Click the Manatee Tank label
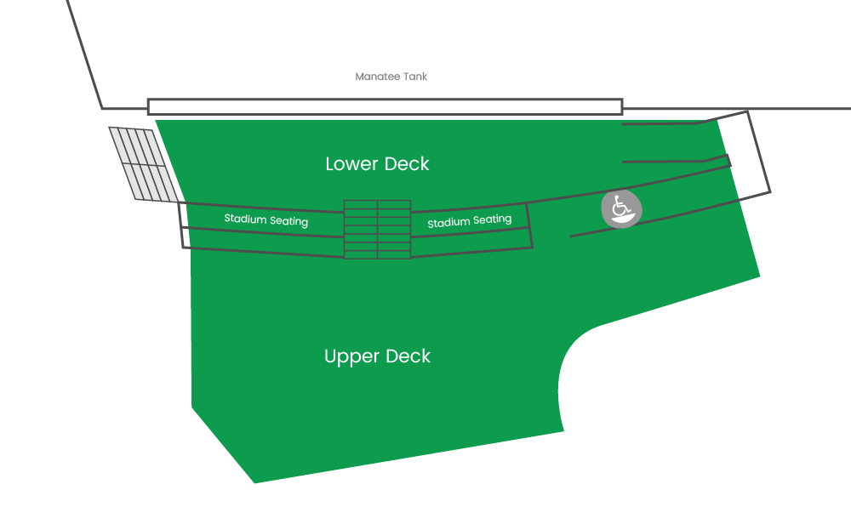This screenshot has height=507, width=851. [391, 77]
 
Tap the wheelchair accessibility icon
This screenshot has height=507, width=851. [621, 209]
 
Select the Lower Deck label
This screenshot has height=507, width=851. [377, 163]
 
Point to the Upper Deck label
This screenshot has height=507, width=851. [377, 356]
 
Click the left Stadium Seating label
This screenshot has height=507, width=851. [266, 219]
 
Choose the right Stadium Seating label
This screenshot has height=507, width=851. [469, 221]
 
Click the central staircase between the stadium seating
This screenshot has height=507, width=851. [377, 229]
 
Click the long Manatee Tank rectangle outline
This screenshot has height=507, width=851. [385, 106]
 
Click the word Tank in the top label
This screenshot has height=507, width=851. [415, 77]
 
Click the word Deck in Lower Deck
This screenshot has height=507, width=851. [407, 163]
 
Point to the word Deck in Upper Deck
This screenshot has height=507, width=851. [408, 356]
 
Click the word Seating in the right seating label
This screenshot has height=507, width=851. [492, 219]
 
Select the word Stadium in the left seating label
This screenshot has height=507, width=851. [243, 219]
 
